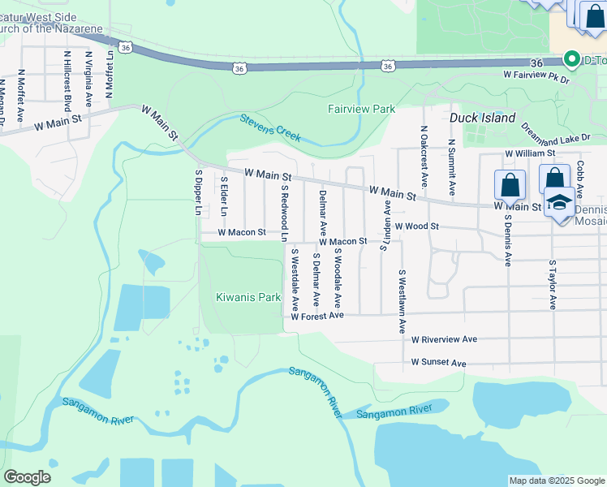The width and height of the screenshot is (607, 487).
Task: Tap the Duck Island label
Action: point(483,118)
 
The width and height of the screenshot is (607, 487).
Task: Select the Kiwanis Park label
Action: point(248,297)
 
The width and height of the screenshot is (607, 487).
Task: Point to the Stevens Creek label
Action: point(271,128)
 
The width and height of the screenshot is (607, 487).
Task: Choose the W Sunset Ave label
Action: point(438,362)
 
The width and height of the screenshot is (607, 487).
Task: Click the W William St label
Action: point(529,153)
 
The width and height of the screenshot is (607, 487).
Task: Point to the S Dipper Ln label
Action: point(198,192)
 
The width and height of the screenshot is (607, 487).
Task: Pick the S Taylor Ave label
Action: point(552,285)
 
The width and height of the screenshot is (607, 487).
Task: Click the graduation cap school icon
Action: point(559,203)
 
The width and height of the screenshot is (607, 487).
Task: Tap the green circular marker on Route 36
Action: point(570,58)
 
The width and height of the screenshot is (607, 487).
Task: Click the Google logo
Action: point(27,477)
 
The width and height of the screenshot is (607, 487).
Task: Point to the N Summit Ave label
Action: point(451,159)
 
